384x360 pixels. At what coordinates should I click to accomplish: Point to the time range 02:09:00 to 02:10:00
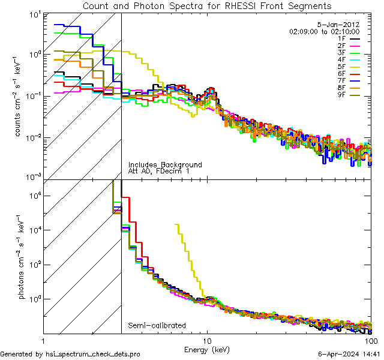click(x=324, y=31)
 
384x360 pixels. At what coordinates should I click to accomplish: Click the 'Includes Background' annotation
click(x=165, y=164)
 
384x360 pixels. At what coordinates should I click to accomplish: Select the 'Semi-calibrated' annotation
click(x=157, y=326)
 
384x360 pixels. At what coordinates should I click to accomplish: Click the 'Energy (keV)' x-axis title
click(x=207, y=349)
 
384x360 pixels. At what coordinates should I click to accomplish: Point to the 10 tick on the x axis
click(x=208, y=340)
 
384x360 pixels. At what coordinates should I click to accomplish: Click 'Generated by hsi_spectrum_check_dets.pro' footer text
click(x=70, y=354)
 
